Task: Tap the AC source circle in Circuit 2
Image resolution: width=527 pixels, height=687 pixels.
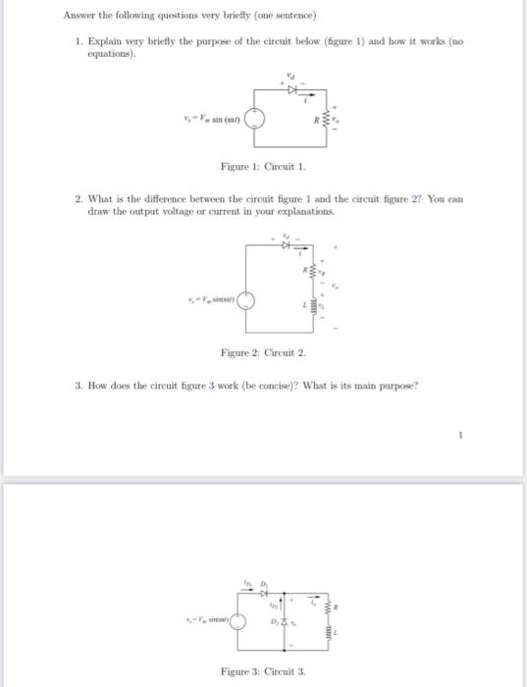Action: click(x=249, y=301)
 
